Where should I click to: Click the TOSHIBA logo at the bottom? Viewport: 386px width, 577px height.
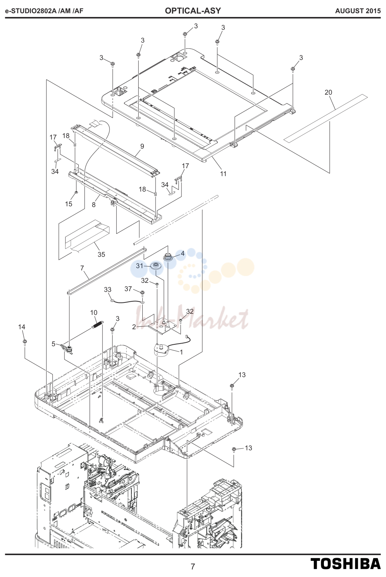[x=345, y=563]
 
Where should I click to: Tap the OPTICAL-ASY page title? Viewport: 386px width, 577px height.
[x=193, y=11]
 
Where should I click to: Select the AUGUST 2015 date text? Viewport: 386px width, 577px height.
[x=358, y=11]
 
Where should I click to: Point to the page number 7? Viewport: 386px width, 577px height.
[x=193, y=566]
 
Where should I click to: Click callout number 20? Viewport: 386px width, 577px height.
[x=328, y=92]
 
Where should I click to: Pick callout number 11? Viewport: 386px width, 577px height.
[x=223, y=174]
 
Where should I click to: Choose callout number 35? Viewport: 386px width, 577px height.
[x=101, y=255]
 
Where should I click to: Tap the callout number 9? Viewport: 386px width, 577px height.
[x=142, y=146]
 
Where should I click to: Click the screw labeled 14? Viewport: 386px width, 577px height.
[x=25, y=342]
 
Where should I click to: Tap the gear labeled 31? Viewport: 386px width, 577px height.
[x=155, y=265]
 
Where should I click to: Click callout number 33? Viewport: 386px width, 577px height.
[x=107, y=290]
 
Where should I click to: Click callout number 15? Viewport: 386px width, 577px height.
[x=69, y=204]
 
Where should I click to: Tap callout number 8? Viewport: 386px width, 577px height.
[x=94, y=205]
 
